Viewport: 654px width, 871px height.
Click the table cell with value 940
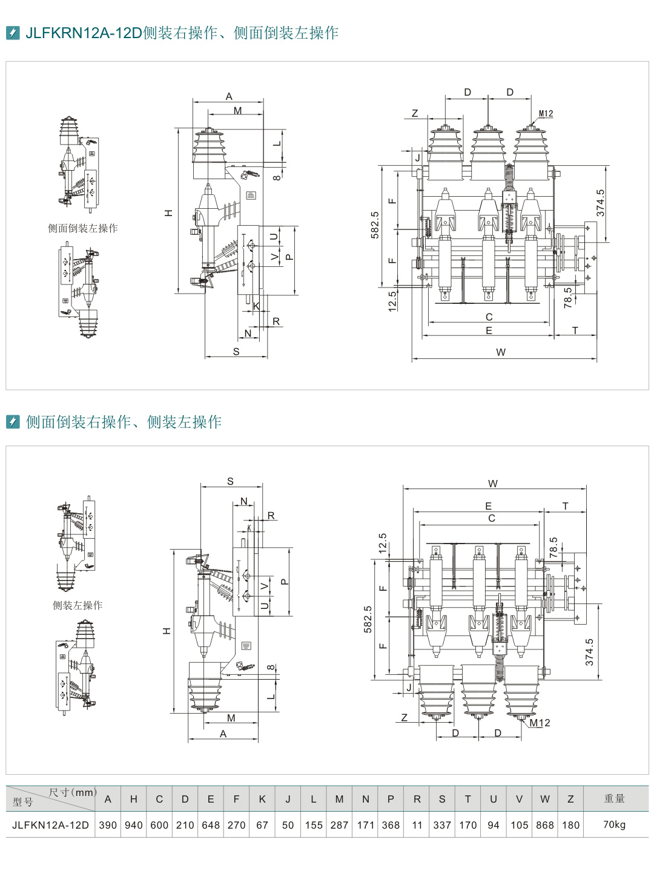point(133,825)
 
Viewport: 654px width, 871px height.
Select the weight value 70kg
point(614,824)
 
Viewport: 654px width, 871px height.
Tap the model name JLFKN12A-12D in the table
point(50,825)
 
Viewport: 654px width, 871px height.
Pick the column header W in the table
point(545,799)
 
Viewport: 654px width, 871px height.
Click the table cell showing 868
point(545,825)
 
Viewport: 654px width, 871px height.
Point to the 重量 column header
point(614,799)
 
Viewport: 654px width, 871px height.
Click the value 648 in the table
point(211,825)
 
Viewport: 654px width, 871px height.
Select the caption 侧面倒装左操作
point(83,228)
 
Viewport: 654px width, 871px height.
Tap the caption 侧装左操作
point(78,605)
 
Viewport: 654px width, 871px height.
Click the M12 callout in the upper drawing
point(546,114)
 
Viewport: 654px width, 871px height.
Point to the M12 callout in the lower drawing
point(540,723)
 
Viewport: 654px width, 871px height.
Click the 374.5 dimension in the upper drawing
point(600,203)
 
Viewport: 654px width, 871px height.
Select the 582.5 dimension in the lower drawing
point(368,619)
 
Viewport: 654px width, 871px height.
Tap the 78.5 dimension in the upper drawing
point(568,297)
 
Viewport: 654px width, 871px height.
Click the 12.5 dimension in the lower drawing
point(382,544)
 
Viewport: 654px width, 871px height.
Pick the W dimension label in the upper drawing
point(501,352)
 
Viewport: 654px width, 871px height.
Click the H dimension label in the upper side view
point(169,213)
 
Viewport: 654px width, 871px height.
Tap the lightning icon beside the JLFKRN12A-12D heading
point(13,33)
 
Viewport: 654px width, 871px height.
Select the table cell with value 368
point(391,825)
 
